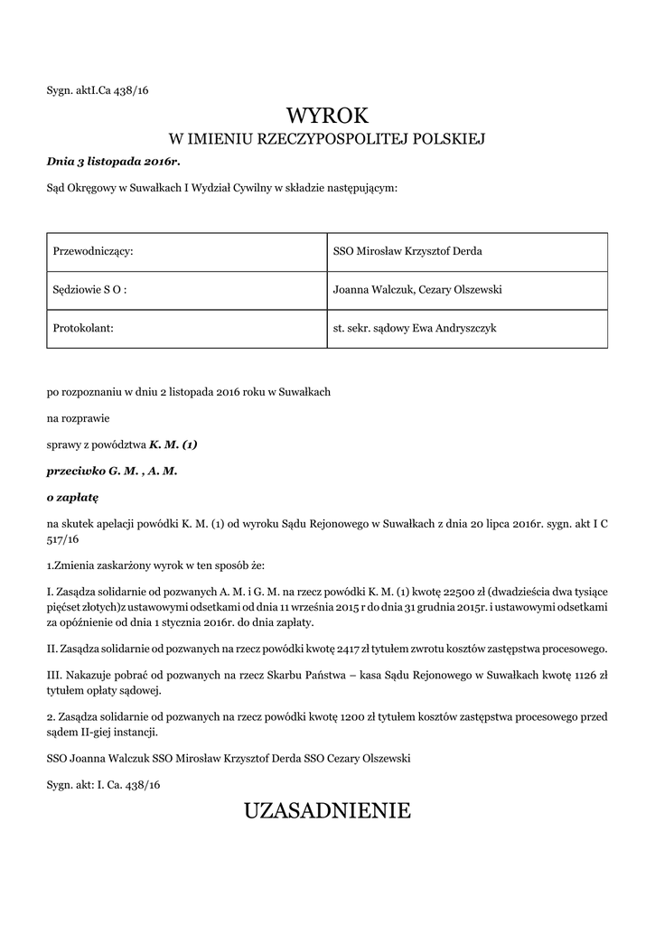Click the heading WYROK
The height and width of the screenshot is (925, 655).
click(x=328, y=115)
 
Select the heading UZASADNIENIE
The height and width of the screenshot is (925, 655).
click(x=327, y=810)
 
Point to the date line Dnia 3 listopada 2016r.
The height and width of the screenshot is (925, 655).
click(x=114, y=161)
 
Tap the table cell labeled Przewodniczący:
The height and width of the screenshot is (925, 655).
click(x=94, y=250)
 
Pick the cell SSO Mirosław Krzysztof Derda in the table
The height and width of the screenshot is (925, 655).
click(x=407, y=250)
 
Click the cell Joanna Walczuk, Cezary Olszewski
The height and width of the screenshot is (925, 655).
click(x=417, y=289)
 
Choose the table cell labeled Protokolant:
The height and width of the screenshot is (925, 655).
click(x=83, y=328)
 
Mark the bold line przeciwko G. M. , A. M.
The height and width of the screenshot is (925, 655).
click(x=112, y=471)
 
